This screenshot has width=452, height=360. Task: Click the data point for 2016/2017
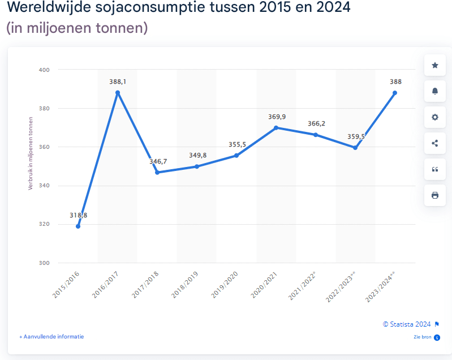click(118, 93)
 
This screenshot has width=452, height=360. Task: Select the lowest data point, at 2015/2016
click(78, 226)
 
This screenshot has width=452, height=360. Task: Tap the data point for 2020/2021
click(276, 128)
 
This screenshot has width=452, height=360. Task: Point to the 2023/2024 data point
click(395, 93)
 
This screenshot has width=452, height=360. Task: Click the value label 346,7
click(158, 162)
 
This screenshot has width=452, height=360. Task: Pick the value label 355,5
click(237, 144)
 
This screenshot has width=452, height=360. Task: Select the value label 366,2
click(316, 123)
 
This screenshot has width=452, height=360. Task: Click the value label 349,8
click(197, 155)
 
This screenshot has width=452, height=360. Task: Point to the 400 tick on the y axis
click(44, 70)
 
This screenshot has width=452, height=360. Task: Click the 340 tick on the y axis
click(44, 186)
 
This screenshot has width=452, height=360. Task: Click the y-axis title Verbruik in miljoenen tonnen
click(31, 153)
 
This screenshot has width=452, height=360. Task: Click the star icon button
click(435, 66)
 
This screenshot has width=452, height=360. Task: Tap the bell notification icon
click(435, 91)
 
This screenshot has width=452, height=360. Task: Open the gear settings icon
click(435, 117)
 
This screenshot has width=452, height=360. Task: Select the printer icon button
click(435, 195)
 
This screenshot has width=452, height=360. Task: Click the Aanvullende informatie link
click(51, 336)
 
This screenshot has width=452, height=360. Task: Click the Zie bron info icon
click(437, 337)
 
